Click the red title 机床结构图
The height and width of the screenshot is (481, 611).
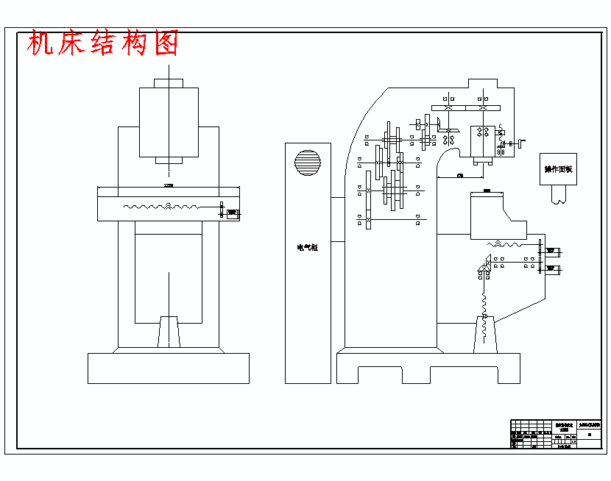pyautogui.click(x=103, y=44)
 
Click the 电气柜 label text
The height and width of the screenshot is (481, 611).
pyautogui.click(x=307, y=248)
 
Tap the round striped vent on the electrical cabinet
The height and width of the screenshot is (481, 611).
pyautogui.click(x=308, y=163)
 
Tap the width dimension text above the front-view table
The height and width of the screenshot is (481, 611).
pyautogui.click(x=169, y=185)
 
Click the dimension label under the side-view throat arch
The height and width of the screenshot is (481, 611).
pyautogui.click(x=460, y=176)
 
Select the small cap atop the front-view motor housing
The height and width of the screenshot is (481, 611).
pyautogui.click(x=169, y=82)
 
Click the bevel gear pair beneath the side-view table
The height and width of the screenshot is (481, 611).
pyautogui.click(x=487, y=262)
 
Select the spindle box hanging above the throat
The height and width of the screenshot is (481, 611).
pyautogui.click(x=483, y=143)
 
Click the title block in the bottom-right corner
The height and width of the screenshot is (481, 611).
pyautogui.click(x=556, y=434)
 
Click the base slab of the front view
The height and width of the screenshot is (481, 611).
pyautogui.click(x=169, y=368)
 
